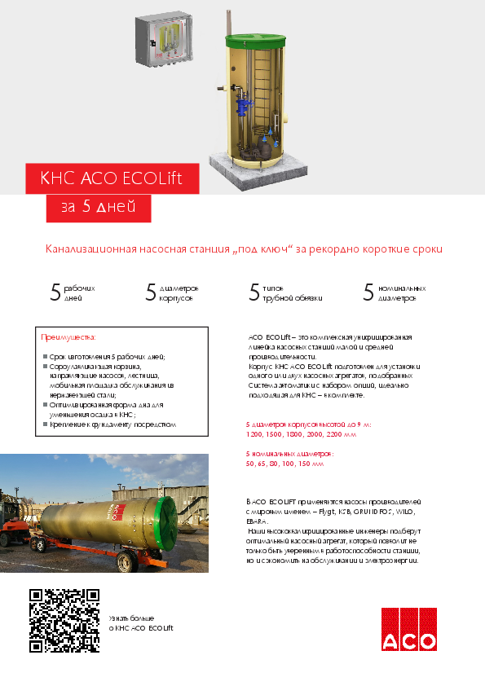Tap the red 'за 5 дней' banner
pos(98,208)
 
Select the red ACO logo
pos(408,629)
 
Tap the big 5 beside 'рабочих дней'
pos(56,293)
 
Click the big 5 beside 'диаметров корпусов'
pos(151,293)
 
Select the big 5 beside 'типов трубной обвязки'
pos(254,293)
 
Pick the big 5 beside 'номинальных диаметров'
pos(368,293)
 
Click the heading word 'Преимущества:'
pos(68,336)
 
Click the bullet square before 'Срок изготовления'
pos(43,357)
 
